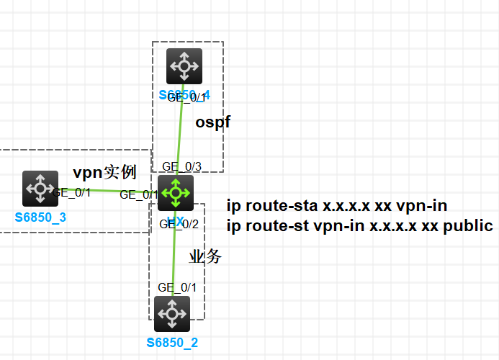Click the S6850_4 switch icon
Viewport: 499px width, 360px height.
pyautogui.click(x=184, y=66)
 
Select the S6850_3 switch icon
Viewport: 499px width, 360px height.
pyautogui.click(x=40, y=189)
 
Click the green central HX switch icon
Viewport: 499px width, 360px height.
pyautogui.click(x=176, y=192)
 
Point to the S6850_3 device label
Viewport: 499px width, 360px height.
pyautogui.click(x=40, y=217)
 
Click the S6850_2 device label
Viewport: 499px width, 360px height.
pyautogui.click(x=172, y=342)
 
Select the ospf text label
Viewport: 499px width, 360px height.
pyautogui.click(x=213, y=122)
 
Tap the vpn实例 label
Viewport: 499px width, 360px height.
pyautogui.click(x=104, y=173)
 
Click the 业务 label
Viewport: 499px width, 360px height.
pyautogui.click(x=205, y=257)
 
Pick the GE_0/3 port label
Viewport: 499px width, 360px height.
pyautogui.click(x=181, y=167)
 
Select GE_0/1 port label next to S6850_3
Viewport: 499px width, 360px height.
pyautogui.click(x=71, y=192)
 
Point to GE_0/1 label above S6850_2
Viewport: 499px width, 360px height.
pyautogui.click(x=177, y=287)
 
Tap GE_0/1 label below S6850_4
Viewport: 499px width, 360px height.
pyautogui.click(x=186, y=98)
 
